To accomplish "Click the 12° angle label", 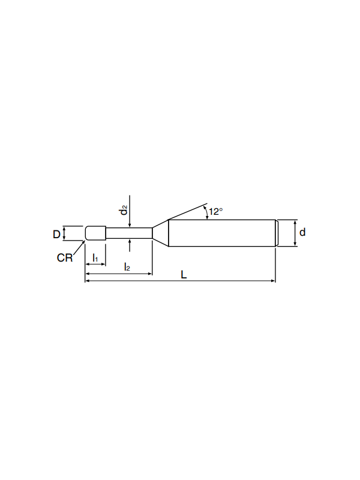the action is click(x=216, y=212).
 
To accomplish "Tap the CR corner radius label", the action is click(x=65, y=258).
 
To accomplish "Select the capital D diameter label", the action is click(x=56, y=235).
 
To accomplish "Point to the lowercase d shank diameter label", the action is click(x=302, y=232).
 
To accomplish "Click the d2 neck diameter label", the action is click(x=124, y=210).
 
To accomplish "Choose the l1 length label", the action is click(x=95, y=258).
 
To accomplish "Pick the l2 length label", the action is click(x=127, y=266).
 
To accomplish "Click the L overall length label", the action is click(x=184, y=275).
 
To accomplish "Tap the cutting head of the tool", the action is click(x=95, y=233).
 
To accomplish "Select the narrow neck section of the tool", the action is click(x=129, y=233).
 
